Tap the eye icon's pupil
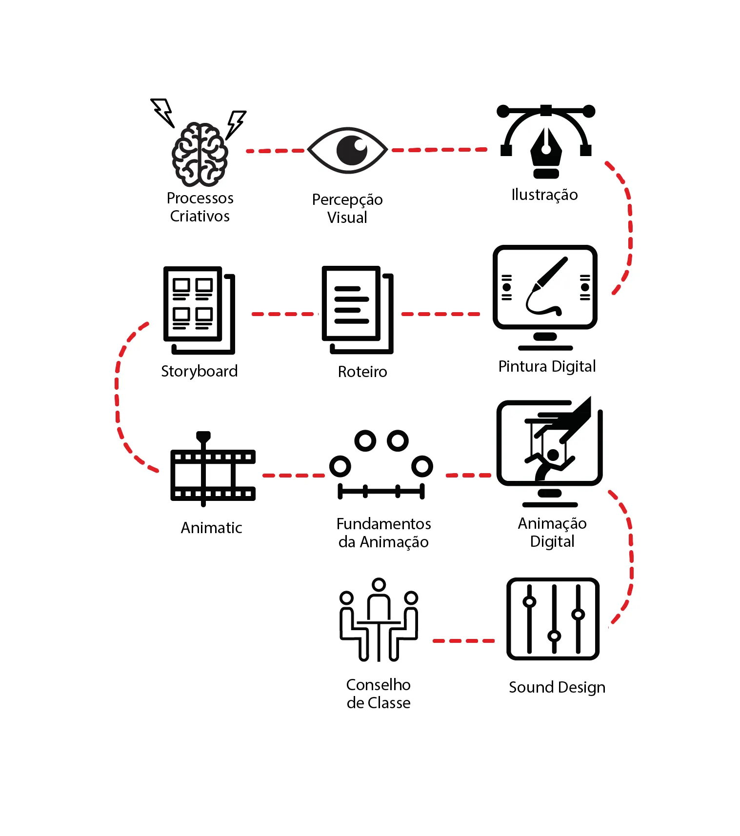352,150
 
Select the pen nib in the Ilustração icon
546,148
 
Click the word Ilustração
544,195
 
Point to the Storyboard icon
199,310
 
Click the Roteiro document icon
357,309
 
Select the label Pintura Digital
547,366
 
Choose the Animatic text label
211,528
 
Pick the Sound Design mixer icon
553,619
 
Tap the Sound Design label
557,687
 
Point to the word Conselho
378,685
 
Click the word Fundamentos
383,524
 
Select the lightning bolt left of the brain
163,112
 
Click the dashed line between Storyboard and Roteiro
284,314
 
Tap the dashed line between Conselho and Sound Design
463,640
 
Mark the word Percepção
347,200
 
